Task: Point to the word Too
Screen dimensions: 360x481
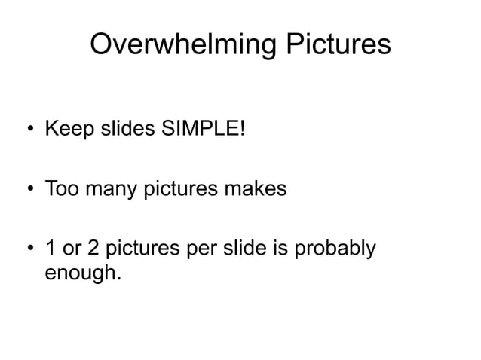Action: tap(62, 188)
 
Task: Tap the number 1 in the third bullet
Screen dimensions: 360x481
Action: tap(51, 248)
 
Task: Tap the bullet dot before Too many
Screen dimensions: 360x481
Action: tap(29, 188)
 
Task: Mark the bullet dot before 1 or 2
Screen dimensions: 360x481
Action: tap(29, 249)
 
